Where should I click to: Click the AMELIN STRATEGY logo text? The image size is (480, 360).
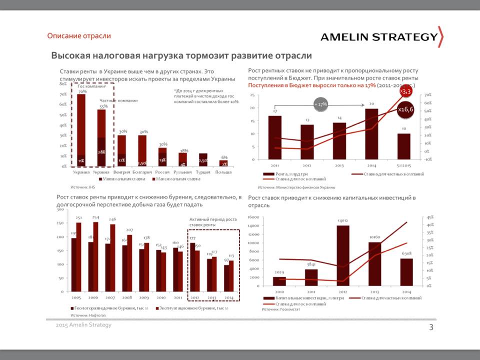pyautogui.click(x=378, y=37)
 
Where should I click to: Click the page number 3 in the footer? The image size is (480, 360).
pyautogui.click(x=431, y=327)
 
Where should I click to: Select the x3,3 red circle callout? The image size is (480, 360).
pyautogui.click(x=405, y=91)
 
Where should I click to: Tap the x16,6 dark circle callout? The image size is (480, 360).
pyautogui.click(x=405, y=109)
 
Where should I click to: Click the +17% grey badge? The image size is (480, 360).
pyautogui.click(x=320, y=104)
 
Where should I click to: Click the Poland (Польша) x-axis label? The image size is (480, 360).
pyautogui.click(x=223, y=171)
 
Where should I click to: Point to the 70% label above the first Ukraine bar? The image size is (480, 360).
pyautogui.click(x=82, y=91)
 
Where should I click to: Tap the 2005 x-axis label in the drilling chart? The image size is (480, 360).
pyautogui.click(x=76, y=297)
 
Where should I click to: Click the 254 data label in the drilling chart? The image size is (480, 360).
pyautogui.click(x=95, y=217)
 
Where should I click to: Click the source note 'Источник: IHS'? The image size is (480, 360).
pyautogui.click(x=82, y=186)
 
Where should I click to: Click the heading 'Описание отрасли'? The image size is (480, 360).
pyautogui.click(x=79, y=36)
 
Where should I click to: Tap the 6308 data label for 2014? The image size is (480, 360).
pyautogui.click(x=406, y=253)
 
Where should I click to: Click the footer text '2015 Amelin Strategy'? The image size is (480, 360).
pyautogui.click(x=83, y=325)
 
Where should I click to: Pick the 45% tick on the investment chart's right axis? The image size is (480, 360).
pyautogui.click(x=429, y=217)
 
